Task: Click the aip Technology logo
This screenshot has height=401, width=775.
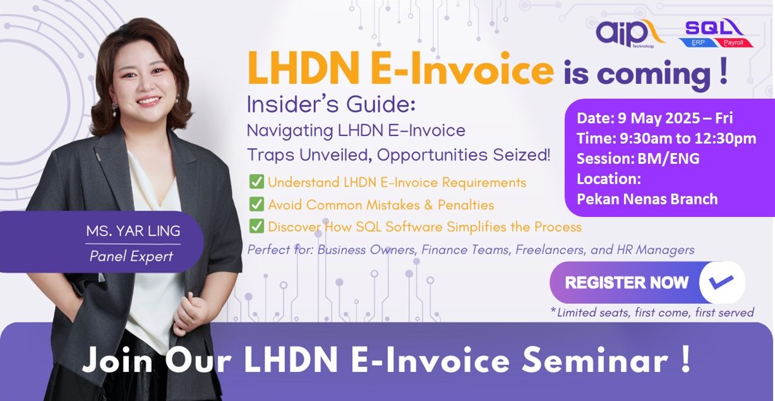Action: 630,34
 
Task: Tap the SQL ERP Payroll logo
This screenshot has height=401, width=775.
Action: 716,34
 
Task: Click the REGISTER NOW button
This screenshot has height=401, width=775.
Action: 647,282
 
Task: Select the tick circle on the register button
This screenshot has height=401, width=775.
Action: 722,282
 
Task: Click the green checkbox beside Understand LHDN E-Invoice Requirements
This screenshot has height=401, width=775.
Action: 256,182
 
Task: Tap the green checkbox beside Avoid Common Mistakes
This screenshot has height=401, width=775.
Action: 256,204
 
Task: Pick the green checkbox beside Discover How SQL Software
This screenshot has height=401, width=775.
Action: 256,226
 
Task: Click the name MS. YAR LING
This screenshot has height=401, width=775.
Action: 133,231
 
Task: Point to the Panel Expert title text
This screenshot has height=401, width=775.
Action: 131,256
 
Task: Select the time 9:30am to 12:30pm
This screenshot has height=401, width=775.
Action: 688,139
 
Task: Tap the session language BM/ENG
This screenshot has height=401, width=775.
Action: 668,159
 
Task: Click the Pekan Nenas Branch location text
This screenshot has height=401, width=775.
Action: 647,199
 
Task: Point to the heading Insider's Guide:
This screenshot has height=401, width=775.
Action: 331,104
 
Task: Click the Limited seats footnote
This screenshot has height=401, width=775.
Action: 652,312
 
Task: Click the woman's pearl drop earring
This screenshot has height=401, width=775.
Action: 114,111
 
